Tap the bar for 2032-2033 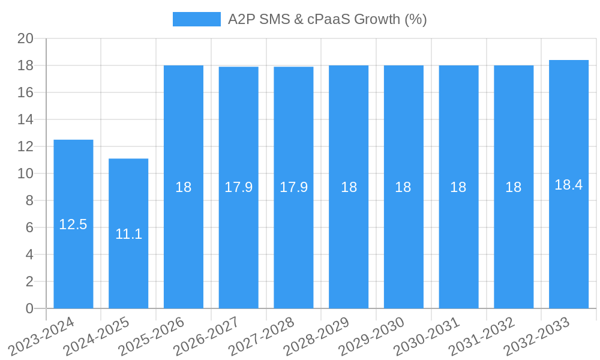pos(569,240)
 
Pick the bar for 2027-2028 pos(293,240)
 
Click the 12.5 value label pos(73,224)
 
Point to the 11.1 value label pos(128,234)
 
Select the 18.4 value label pos(569,185)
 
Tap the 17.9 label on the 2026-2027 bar pos(238,187)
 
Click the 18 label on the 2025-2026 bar pos(184,187)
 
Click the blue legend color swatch pos(196,19)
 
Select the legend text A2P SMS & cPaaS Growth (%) pos(328,19)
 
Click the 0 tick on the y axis pos(29,308)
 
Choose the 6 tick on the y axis pos(29,227)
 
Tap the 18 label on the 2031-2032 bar pos(514,187)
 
